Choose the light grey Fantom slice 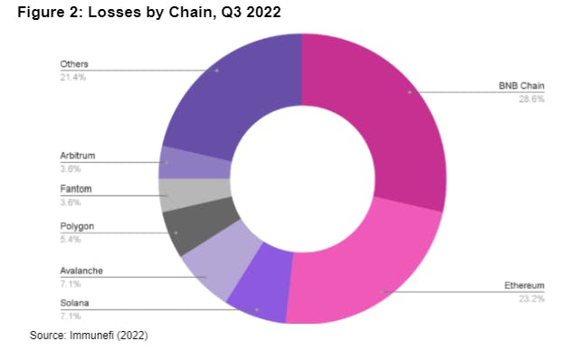(176, 194)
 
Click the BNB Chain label (521, 87)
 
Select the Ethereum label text (524, 286)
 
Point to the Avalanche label (81, 270)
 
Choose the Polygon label (77, 226)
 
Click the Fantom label (76, 189)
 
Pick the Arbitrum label (78, 156)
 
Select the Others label (73, 65)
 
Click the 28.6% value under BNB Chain (532, 99)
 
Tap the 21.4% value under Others (72, 79)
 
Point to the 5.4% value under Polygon (71, 240)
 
